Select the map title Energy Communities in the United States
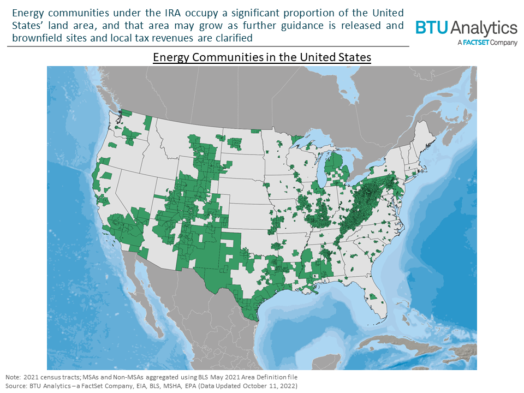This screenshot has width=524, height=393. pyautogui.click(x=262, y=58)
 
